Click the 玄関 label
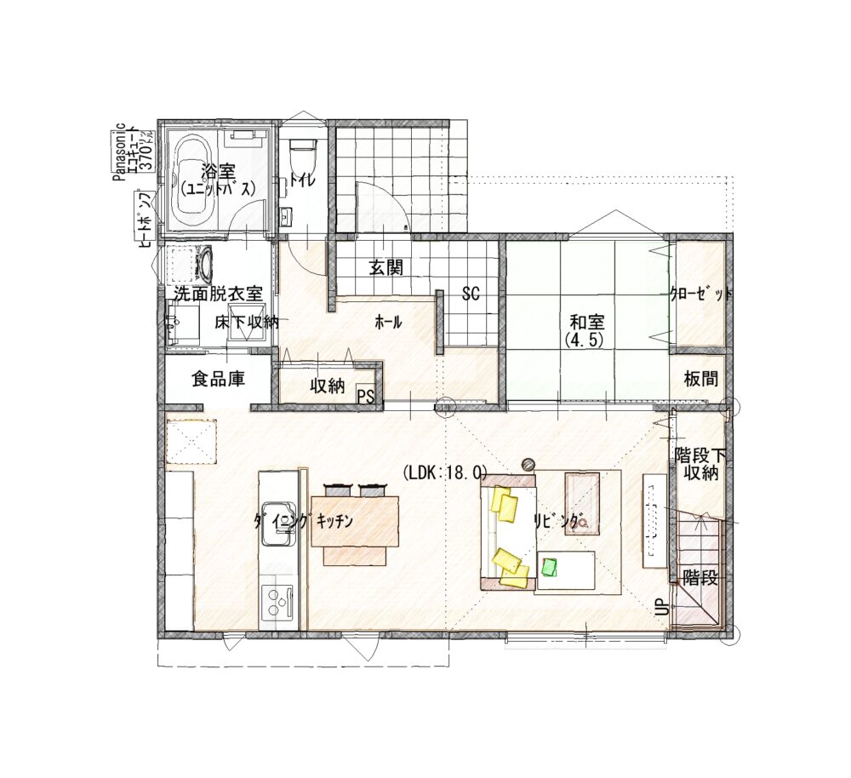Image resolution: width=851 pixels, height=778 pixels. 386,267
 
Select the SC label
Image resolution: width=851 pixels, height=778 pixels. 471,294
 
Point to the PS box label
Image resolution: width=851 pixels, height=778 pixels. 366,397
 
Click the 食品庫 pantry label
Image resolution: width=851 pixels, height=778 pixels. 218,379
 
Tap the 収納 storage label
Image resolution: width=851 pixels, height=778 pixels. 328,386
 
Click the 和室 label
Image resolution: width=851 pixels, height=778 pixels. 586,322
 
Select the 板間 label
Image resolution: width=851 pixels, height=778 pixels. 700,379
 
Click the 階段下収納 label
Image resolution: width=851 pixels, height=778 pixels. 700,463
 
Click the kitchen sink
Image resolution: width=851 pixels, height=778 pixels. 278,521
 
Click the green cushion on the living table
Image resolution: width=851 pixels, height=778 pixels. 551,567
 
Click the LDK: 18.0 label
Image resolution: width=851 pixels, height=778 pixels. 445,473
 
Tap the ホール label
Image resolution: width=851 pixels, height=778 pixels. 389,323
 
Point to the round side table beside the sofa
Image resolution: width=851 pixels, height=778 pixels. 528,464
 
